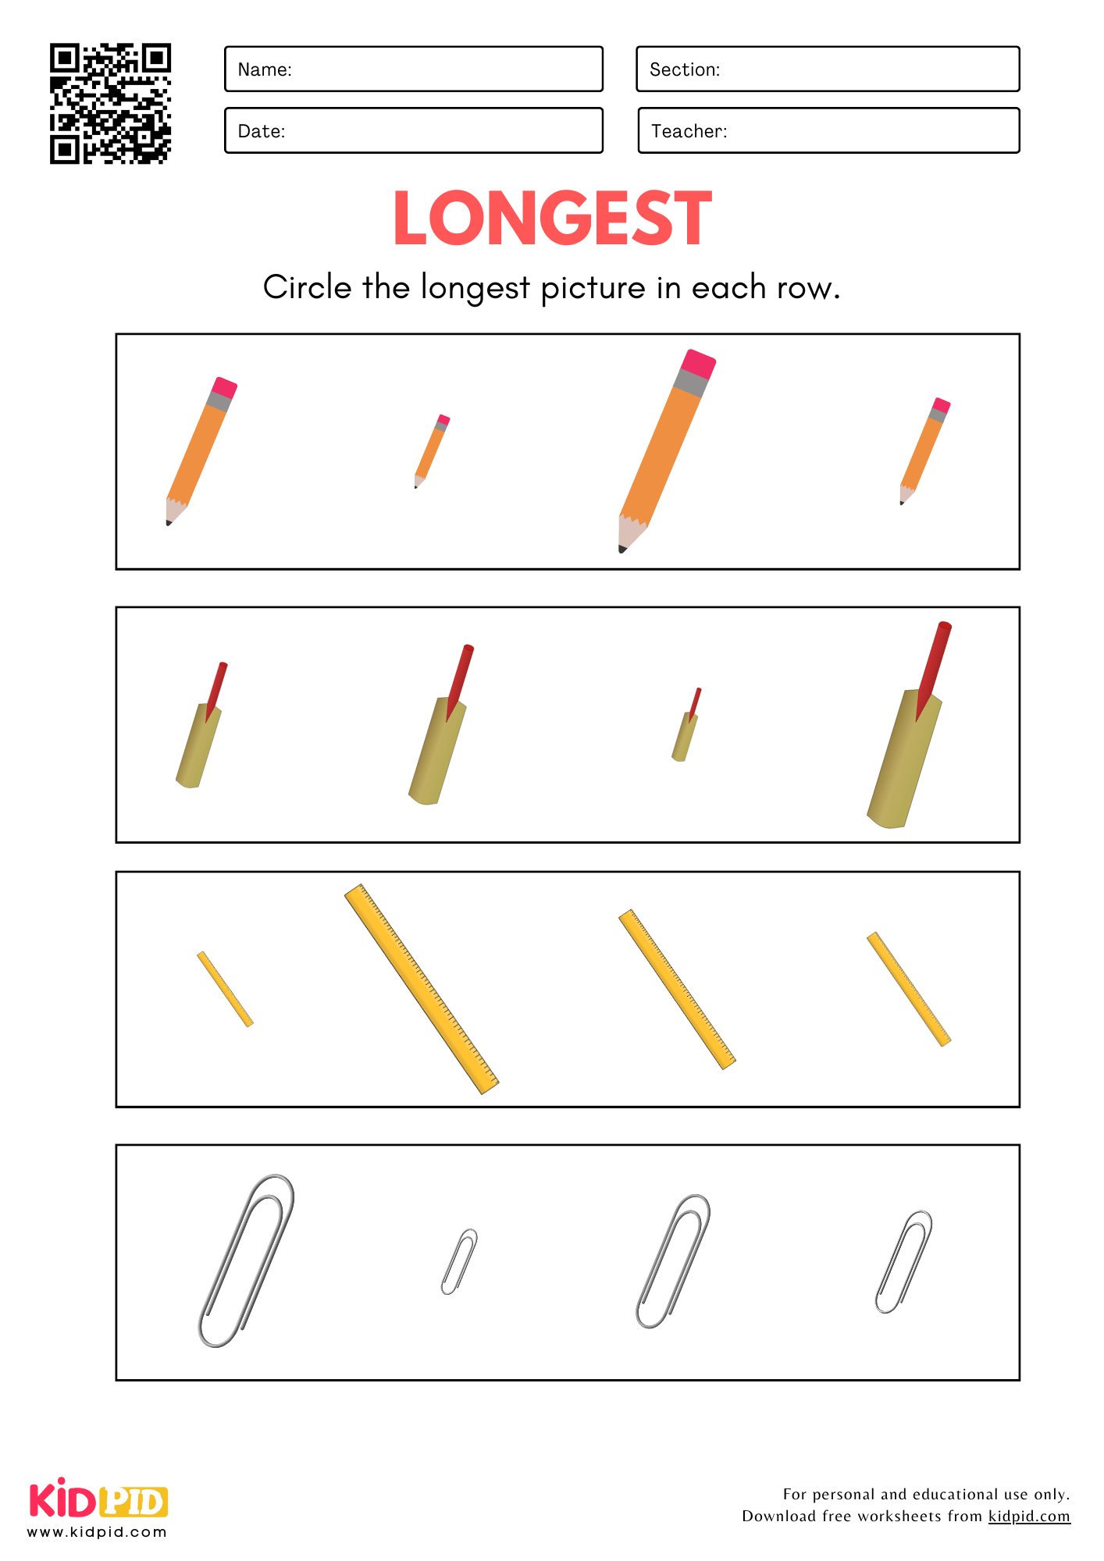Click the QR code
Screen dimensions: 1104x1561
110,104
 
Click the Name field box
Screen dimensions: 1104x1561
414,69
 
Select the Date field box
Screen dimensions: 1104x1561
414,130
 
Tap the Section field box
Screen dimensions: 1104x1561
828,69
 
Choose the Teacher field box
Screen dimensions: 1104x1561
828,130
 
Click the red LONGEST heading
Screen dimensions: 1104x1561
552,219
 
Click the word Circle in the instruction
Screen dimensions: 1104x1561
308,287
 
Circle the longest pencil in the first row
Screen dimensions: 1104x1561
668,451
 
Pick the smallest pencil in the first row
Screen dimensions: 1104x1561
432,451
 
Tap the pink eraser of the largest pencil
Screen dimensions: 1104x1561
699,364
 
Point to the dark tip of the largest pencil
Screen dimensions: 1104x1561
622,549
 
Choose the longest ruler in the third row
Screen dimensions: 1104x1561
422,989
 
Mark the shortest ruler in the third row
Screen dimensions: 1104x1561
225,989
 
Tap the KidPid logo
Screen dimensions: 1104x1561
98,1508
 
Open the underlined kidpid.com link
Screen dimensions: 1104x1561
1029,1517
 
